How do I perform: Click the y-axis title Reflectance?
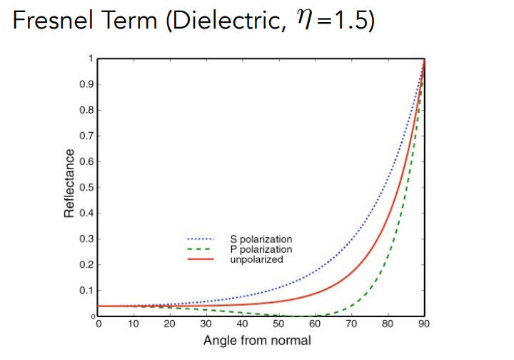[69, 183]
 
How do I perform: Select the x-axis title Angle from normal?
[257, 340]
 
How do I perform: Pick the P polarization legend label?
[261, 249]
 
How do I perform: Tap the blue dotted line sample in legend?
[201, 239]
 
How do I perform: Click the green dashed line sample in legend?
[201, 249]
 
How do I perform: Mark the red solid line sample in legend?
[201, 260]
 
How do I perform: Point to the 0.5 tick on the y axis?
[87, 187]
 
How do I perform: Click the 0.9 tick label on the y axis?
[87, 84]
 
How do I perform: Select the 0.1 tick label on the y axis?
[87, 290]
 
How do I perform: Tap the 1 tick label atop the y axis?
[91, 59]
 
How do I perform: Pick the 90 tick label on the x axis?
[424, 325]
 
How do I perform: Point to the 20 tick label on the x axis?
[170, 325]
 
